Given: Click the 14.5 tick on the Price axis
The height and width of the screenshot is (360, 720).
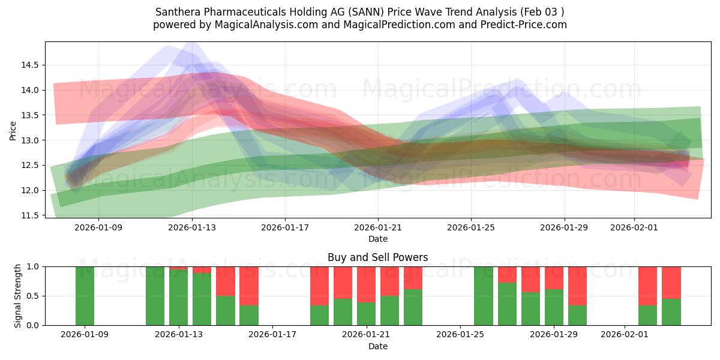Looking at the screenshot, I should tap(31, 65).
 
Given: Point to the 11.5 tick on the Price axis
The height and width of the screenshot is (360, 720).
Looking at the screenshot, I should tap(31, 215).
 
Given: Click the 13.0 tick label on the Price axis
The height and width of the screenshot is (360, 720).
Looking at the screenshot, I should tap(31, 140).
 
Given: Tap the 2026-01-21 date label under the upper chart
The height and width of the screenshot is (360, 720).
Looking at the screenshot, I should tap(378, 228).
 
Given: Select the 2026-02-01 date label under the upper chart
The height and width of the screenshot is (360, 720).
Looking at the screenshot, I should tap(634, 228).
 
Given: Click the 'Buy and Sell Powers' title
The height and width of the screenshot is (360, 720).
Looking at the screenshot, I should tap(378, 257).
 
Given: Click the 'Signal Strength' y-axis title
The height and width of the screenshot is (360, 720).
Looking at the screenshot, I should tap(18, 296).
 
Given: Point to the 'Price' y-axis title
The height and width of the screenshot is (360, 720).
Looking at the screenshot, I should tap(13, 130).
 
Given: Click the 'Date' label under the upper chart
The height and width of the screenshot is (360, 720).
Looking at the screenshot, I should tap(378, 239).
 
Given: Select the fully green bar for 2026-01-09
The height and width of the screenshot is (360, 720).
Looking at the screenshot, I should tap(85, 296).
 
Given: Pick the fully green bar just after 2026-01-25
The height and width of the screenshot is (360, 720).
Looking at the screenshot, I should tap(484, 296).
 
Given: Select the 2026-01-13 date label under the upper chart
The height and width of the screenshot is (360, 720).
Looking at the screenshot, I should tap(192, 228).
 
